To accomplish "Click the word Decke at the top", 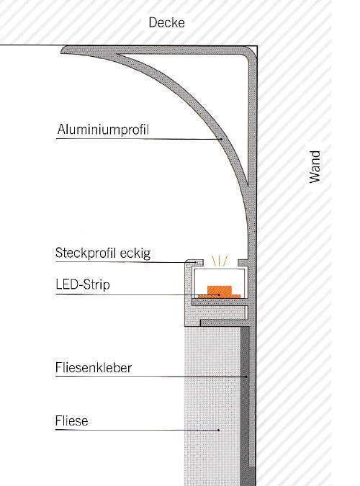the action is [x=166, y=22].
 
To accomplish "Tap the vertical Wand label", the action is [x=315, y=167].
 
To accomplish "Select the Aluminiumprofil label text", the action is [x=103, y=130].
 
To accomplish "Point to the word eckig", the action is [x=135, y=253].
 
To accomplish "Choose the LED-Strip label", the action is [x=83, y=284].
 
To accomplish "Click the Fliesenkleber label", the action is [x=94, y=368].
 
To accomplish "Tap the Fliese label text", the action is [x=71, y=421].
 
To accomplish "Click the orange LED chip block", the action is [x=220, y=290].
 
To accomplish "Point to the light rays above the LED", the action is [x=220, y=261].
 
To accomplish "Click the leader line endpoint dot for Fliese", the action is [x=219, y=431].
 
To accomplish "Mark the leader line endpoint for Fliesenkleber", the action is [x=246, y=377].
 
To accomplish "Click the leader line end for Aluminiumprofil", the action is [x=221, y=140].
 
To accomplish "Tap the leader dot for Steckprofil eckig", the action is [x=195, y=263].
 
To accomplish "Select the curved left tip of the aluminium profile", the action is [x=63, y=50].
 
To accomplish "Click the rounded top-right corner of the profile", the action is [x=253, y=51].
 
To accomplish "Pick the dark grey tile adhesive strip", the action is [x=245, y=403].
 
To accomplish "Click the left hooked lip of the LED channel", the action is [x=194, y=263].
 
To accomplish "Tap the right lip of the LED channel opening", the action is [x=243, y=263].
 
